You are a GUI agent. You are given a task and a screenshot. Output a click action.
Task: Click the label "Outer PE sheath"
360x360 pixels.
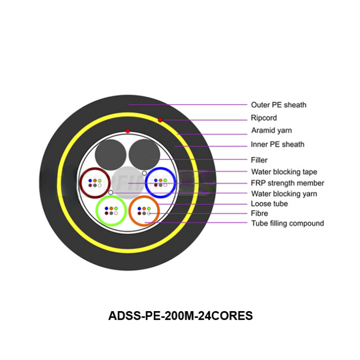pyautogui.click(x=278, y=105)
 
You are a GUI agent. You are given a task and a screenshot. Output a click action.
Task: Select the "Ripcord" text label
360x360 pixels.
pyautogui.click(x=263, y=118)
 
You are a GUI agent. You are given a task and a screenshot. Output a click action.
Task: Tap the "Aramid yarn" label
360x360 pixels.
pyautogui.click(x=271, y=131)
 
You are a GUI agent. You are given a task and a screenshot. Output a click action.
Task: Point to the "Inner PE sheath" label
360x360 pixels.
pyautogui.click(x=277, y=145)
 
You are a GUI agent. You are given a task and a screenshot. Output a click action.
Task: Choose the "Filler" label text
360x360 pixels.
pyautogui.click(x=259, y=160)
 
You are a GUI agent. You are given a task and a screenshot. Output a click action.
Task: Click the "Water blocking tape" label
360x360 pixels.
pyautogui.click(x=284, y=172)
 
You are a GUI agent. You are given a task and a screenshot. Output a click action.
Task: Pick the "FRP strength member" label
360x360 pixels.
pyautogui.click(x=287, y=183)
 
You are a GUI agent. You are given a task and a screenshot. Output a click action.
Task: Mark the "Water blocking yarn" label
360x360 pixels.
pyautogui.click(x=284, y=194)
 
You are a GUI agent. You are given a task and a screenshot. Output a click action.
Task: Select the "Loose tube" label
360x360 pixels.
pyautogui.click(x=269, y=204)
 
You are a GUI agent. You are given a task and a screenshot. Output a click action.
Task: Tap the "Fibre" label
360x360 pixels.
pyautogui.click(x=259, y=213)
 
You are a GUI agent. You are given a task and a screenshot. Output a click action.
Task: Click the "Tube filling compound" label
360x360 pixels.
pyautogui.click(x=287, y=223)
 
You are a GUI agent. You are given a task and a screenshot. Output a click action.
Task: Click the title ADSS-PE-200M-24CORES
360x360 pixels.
pyautogui.click(x=181, y=316)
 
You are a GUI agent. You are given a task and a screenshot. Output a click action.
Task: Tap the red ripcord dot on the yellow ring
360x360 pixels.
pyautogui.click(x=160, y=120)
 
